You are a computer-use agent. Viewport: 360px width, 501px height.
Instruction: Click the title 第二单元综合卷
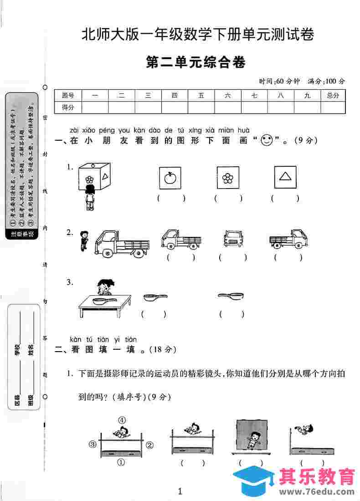196,62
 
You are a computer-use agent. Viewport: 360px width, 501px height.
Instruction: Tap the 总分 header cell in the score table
333,95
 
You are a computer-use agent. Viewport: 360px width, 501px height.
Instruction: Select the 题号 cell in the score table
68,95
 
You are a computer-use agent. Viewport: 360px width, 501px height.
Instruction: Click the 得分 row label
68,107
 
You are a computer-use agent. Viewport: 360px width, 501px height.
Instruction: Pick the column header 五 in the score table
201,95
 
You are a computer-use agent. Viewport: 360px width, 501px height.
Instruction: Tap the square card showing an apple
170,177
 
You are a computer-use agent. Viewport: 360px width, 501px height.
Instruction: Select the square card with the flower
228,177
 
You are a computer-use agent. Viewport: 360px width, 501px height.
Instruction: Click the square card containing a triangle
285,177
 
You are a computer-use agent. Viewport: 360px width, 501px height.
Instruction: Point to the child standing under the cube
90,198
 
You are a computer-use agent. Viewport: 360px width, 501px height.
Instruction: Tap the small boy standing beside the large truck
83,240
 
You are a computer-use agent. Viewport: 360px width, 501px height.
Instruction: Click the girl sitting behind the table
104,288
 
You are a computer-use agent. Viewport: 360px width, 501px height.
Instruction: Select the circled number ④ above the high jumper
122,420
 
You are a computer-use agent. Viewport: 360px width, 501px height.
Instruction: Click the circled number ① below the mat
121,462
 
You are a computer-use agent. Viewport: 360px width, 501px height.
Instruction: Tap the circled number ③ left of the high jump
93,444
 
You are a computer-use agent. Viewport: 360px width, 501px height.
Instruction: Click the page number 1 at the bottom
180,491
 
